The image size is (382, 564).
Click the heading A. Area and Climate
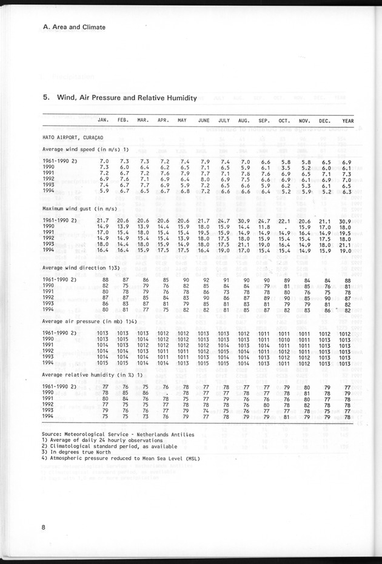(75, 27)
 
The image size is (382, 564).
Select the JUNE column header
(204, 120)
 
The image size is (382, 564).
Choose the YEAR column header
(347, 120)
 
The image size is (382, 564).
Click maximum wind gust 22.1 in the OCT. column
(285, 220)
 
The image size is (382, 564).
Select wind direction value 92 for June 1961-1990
(206, 279)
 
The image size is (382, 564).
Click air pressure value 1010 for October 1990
(285, 340)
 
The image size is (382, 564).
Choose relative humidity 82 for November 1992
(307, 404)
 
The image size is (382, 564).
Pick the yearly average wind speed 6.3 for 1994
(347, 192)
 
